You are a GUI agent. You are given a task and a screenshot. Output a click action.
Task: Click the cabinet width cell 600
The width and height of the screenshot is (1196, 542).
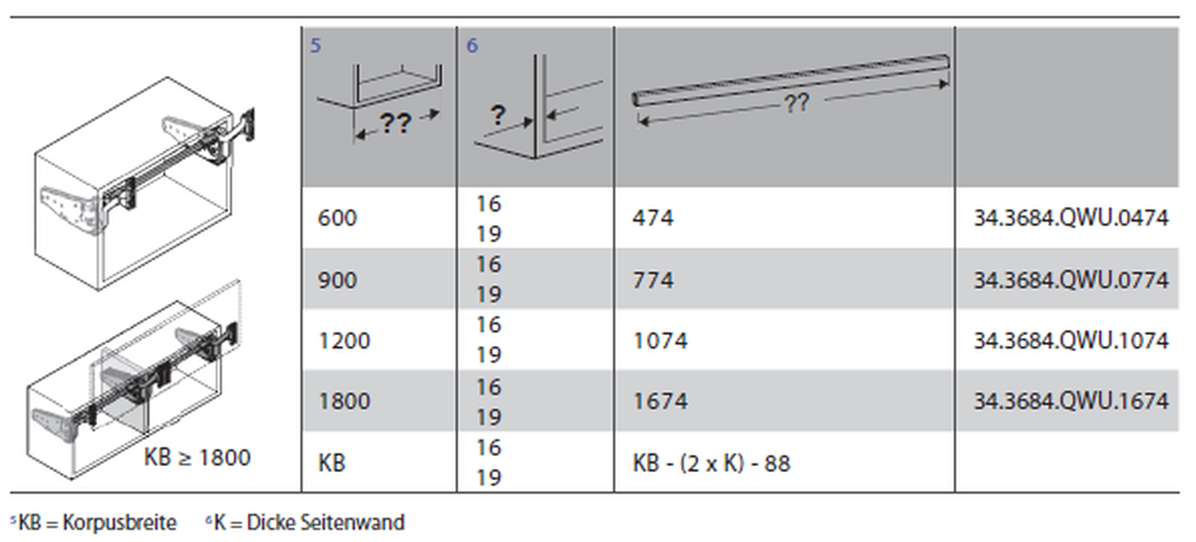337,218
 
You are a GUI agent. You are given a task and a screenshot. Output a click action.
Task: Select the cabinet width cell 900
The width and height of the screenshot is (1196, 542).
337,280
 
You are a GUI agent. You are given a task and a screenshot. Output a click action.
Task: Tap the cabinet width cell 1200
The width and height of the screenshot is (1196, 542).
344,341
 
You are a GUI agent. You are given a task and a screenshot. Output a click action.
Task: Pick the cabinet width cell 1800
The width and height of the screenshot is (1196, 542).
344,401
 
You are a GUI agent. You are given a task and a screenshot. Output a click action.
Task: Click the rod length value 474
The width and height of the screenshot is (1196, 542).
653,218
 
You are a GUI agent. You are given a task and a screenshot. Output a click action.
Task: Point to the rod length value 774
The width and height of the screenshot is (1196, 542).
653,280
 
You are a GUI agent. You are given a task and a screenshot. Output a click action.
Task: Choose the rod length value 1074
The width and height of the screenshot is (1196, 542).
660,341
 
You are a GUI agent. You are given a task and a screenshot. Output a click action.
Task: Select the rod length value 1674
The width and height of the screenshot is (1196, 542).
660,401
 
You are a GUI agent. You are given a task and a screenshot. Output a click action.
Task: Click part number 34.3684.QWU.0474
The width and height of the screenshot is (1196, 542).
1071,218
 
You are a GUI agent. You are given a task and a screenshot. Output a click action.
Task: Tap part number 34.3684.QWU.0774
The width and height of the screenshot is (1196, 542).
1071,280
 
